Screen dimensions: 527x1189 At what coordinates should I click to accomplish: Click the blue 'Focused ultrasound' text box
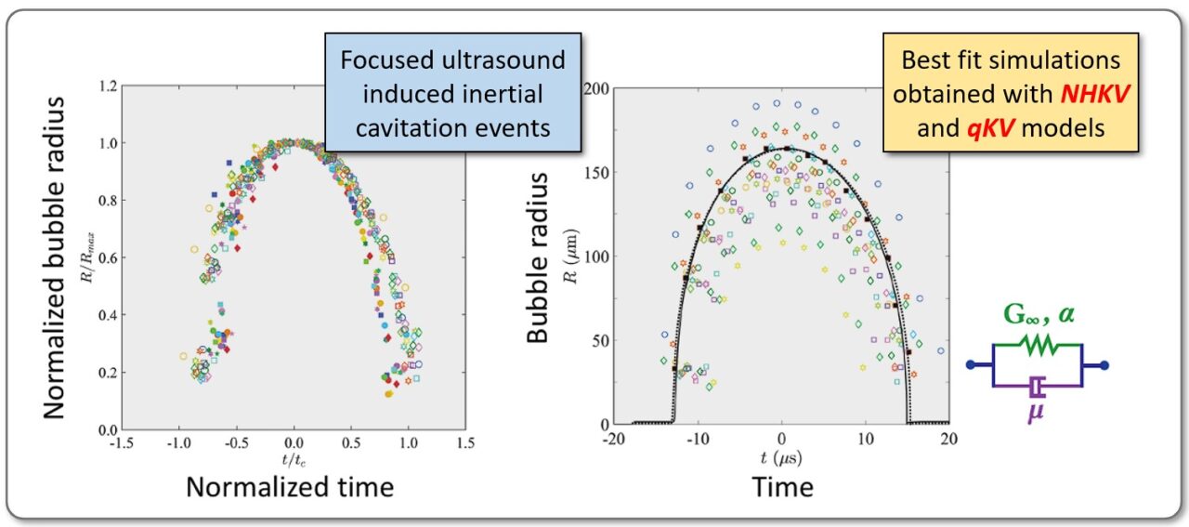pos(452,93)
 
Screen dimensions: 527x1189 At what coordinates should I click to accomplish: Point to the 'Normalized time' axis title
pos(290,488)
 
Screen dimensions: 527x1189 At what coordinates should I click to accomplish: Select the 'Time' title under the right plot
pos(782,488)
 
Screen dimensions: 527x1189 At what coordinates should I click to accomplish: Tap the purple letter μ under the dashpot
pos(1036,410)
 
